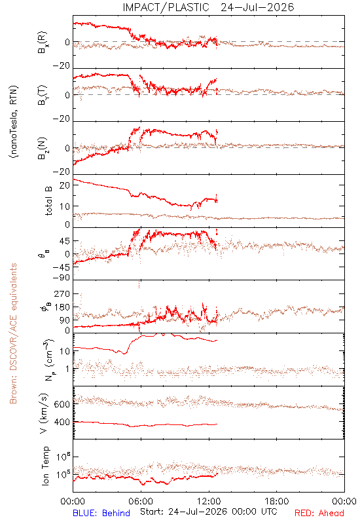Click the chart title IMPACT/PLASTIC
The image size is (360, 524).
pyautogui.click(x=166, y=7)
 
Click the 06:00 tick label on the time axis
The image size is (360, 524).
pyautogui.click(x=141, y=501)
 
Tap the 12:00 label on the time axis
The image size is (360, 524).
pyautogui.click(x=209, y=501)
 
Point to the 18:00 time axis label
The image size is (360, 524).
pyautogui.click(x=277, y=501)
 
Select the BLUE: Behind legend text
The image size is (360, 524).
pyautogui.click(x=101, y=513)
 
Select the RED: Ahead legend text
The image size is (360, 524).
pyautogui.click(x=319, y=513)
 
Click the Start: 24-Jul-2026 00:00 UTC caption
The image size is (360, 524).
pyautogui.click(x=208, y=512)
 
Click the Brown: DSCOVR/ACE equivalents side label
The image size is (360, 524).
pyautogui.click(x=13, y=333)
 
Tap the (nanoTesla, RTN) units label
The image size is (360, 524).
pyautogui.click(x=14, y=122)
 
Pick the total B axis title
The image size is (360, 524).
pyautogui.click(x=48, y=201)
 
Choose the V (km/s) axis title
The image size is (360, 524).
pyautogui.click(x=44, y=413)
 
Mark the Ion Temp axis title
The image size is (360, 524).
pyautogui.click(x=45, y=466)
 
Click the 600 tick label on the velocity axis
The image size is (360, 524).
pyautogui.click(x=62, y=404)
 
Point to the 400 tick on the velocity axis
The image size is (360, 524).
pyautogui.click(x=62, y=422)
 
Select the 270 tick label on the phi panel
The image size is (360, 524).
pyautogui.click(x=62, y=293)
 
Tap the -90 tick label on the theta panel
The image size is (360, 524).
pyautogui.click(x=61, y=278)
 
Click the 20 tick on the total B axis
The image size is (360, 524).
pyautogui.click(x=65, y=185)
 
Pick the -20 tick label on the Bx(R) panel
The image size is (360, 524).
pyautogui.click(x=61, y=65)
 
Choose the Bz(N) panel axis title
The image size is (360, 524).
pyautogui.click(x=43, y=148)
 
